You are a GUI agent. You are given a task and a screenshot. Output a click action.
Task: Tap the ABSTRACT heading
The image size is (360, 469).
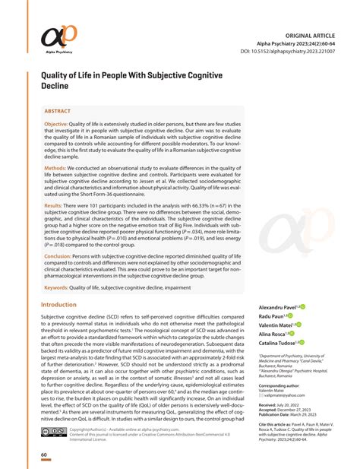click(59, 110)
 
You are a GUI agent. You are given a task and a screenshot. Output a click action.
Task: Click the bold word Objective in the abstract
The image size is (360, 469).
click(55, 123)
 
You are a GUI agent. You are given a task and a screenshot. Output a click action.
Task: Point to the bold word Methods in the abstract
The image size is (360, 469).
click(55, 166)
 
